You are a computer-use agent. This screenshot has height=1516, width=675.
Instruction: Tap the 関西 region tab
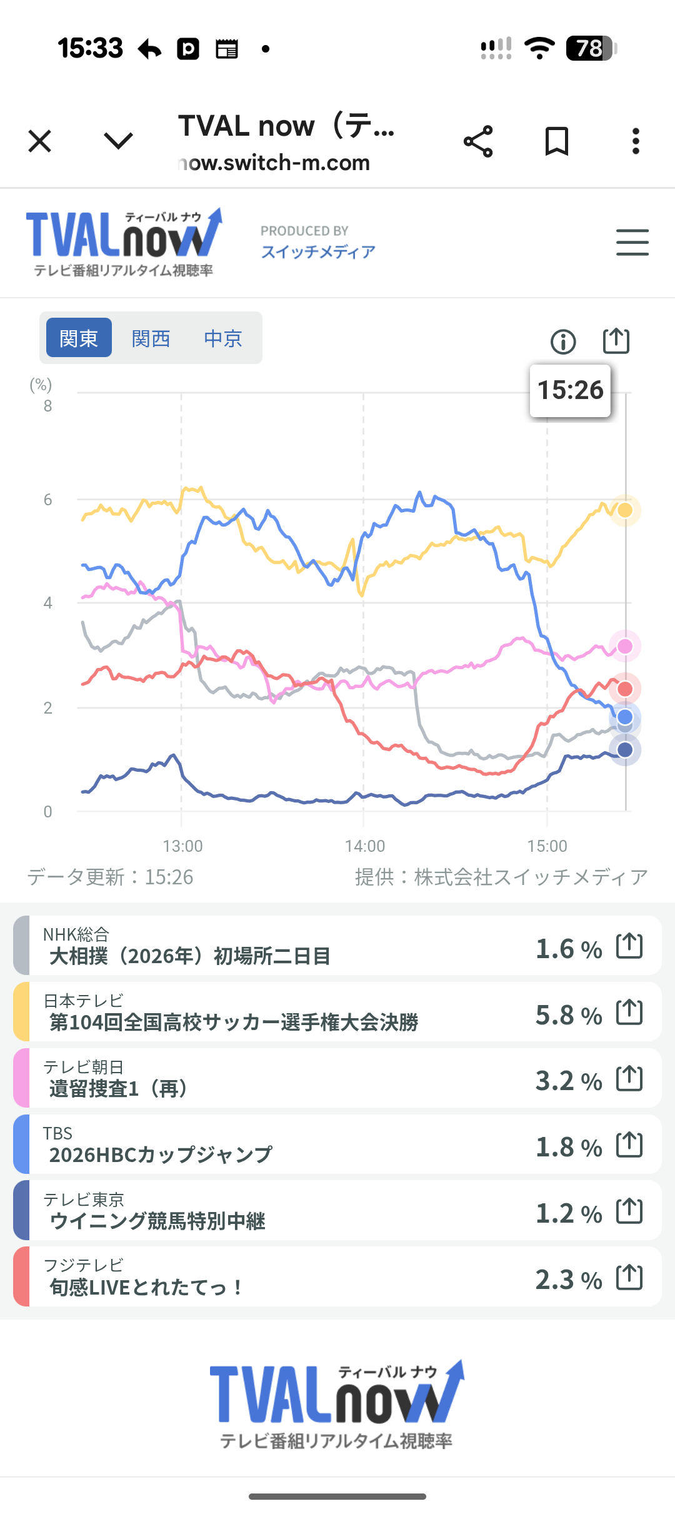[x=151, y=338]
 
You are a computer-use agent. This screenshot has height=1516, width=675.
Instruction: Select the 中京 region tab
[x=222, y=338]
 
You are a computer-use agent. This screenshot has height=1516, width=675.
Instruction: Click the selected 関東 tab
[x=79, y=338]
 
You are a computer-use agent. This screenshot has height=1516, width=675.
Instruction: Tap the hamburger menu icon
[x=632, y=242]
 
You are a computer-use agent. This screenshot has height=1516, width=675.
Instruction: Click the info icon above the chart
[x=563, y=341]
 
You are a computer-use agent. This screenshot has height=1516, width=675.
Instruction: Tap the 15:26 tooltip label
[x=570, y=390]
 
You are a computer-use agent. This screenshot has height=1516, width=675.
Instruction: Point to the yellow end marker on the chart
[x=625, y=510]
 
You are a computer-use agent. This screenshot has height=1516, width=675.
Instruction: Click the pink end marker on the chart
[x=625, y=646]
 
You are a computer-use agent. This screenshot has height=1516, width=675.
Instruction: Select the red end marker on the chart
[x=625, y=689]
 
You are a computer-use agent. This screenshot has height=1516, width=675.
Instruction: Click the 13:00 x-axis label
[x=182, y=846]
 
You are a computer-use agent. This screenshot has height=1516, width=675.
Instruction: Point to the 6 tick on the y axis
[x=47, y=500]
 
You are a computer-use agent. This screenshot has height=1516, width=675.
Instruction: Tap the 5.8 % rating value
[x=568, y=1015]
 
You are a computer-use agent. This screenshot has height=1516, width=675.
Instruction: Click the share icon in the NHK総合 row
[x=629, y=946]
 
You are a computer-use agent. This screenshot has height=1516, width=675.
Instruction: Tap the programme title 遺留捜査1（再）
[x=118, y=1089]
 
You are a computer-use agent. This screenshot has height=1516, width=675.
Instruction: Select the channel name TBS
[x=57, y=1133]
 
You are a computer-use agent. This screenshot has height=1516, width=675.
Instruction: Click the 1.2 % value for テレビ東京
[x=568, y=1213]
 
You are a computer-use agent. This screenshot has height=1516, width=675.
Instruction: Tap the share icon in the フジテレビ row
[x=629, y=1277]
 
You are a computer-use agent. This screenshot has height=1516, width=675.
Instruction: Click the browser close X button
[x=40, y=141]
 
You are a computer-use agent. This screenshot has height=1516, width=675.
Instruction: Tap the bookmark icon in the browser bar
[x=556, y=141]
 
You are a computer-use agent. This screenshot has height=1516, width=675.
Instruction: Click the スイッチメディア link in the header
[x=318, y=251]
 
